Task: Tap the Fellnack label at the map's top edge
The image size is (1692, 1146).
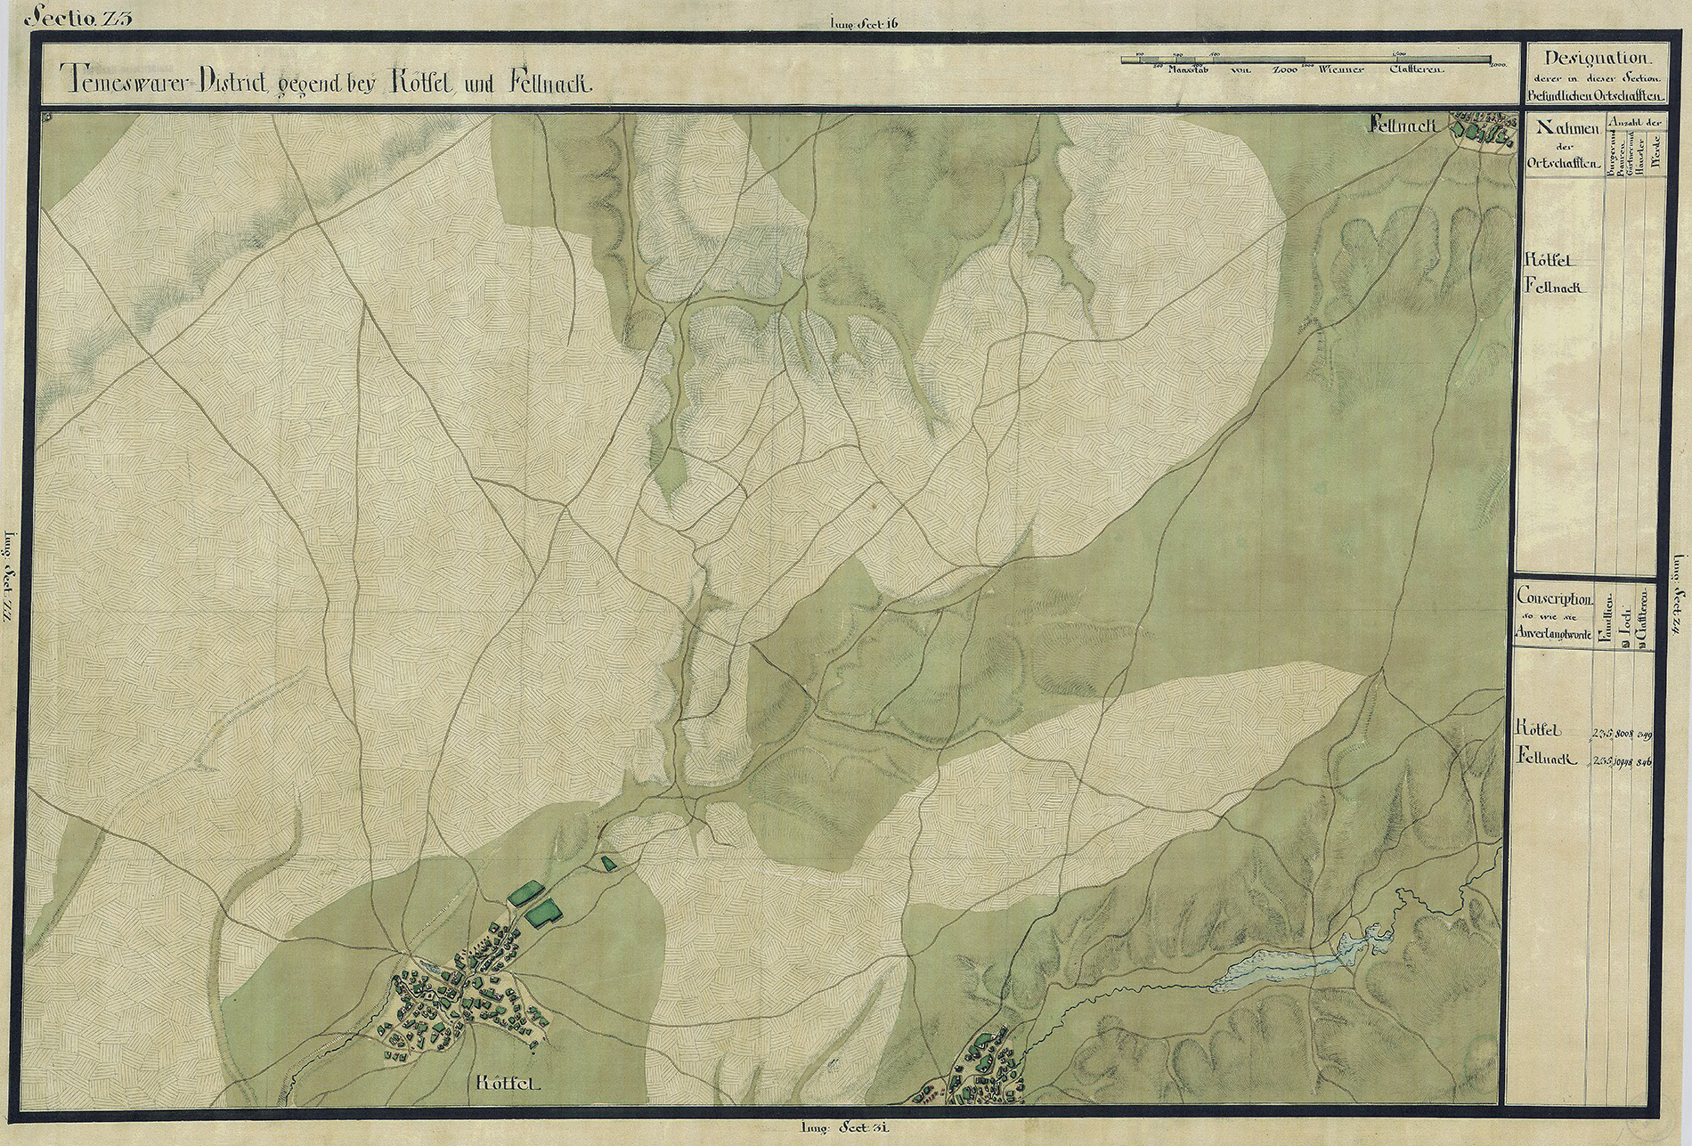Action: pos(1404,126)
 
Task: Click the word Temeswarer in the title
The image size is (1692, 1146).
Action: pos(125,82)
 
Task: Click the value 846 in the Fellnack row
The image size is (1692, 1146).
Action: pos(1644,760)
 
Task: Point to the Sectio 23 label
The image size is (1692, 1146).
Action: pos(79,17)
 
